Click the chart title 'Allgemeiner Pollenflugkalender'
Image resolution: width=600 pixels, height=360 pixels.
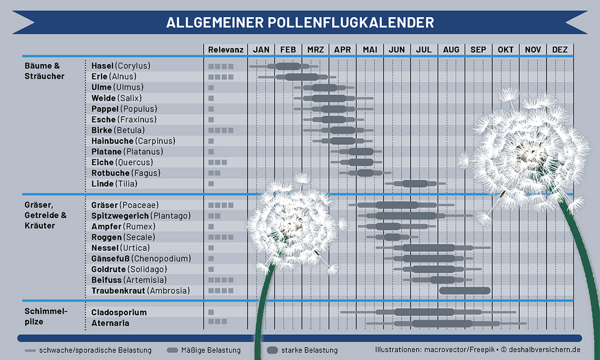point(300,23)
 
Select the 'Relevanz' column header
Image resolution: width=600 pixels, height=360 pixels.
point(226,50)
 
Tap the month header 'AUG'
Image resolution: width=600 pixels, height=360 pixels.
point(451,50)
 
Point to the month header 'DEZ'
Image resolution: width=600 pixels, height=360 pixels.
point(560,50)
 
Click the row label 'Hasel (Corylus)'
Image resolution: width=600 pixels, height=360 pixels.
point(121,66)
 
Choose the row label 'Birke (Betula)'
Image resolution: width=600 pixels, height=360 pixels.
point(118,130)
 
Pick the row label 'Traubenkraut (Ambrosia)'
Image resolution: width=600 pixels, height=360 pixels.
point(141,291)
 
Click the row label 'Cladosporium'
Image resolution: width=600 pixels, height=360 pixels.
point(119,312)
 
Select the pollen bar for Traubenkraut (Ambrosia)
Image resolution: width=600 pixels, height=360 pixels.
point(465,291)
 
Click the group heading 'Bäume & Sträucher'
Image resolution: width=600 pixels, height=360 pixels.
point(45,71)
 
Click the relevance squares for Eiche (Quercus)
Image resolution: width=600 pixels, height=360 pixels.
point(217,163)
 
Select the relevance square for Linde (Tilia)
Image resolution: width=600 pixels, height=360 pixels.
point(211,184)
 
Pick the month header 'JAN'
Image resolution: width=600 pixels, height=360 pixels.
point(261,50)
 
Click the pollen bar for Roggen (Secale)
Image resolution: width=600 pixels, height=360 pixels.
point(392,237)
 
